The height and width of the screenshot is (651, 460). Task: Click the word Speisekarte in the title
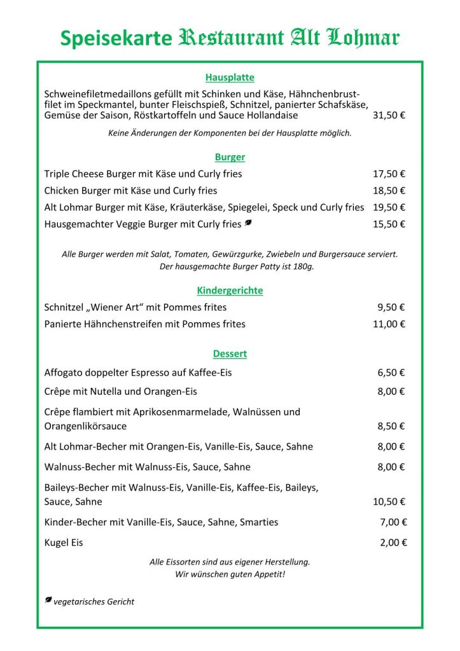click(x=116, y=39)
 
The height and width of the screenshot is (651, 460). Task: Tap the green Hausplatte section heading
click(x=230, y=78)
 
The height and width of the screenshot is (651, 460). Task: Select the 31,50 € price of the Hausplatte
click(x=389, y=116)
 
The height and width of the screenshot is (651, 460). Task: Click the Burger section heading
click(x=230, y=157)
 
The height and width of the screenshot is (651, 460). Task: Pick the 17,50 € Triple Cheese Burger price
click(x=389, y=174)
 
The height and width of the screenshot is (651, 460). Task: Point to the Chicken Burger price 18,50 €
click(x=389, y=191)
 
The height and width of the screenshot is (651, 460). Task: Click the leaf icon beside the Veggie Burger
click(x=248, y=223)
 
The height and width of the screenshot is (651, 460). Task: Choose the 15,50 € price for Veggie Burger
click(x=389, y=224)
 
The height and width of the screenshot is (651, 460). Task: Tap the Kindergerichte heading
click(x=230, y=291)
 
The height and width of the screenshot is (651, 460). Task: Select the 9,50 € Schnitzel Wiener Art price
click(x=391, y=308)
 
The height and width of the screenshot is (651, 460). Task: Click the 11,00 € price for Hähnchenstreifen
click(x=389, y=324)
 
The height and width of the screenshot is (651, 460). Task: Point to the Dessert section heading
click(x=230, y=353)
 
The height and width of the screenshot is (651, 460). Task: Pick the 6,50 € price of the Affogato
click(x=391, y=373)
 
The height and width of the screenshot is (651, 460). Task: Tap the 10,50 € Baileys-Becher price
click(x=389, y=502)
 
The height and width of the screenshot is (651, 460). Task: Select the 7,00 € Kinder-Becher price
click(x=393, y=522)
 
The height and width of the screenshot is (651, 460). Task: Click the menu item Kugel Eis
click(x=64, y=543)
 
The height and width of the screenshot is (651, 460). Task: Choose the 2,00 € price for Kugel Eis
click(x=393, y=543)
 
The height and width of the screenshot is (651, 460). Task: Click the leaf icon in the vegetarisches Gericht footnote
click(x=48, y=600)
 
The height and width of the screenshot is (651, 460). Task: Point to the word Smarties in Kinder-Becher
click(x=258, y=522)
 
